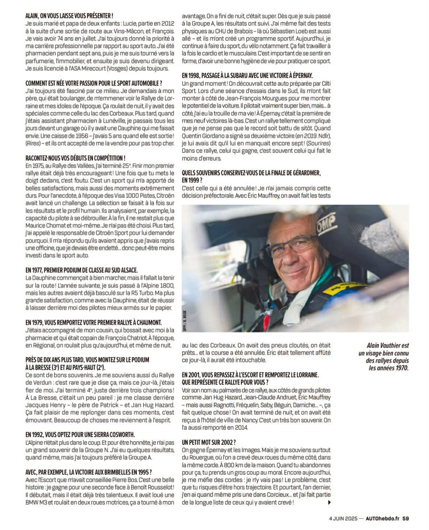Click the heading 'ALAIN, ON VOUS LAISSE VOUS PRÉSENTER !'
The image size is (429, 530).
click(x=69, y=17)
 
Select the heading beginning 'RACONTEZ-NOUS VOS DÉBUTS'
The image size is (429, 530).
click(x=75, y=158)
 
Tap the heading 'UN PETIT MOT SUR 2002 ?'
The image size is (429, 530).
click(x=209, y=442)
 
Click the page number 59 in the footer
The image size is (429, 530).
click(x=406, y=518)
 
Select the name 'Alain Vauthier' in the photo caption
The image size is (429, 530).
click(x=387, y=344)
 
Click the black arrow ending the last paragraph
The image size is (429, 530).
click(x=330, y=502)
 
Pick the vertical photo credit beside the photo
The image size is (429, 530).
click(x=184, y=321)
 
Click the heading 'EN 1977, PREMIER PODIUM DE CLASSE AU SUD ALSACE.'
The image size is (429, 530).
click(x=81, y=270)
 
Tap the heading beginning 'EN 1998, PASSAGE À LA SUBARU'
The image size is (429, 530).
click(x=247, y=75)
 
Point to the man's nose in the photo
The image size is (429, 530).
click(x=294, y=255)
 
